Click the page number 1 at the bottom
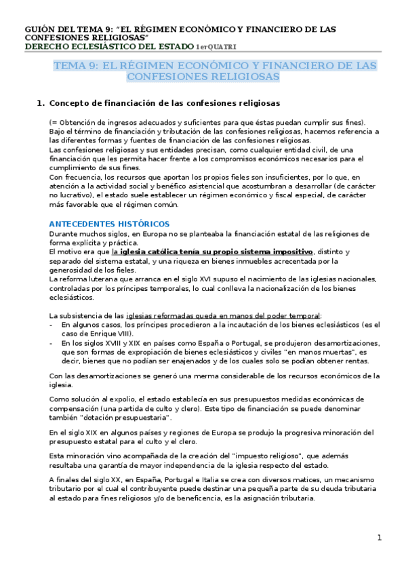coord(380,538)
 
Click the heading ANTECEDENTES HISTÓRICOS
coord(110,224)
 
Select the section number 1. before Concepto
coord(39,103)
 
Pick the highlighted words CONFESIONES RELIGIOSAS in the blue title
coord(203,77)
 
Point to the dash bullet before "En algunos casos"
coord(53,324)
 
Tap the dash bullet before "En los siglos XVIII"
coord(53,343)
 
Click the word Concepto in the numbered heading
coord(74,103)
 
